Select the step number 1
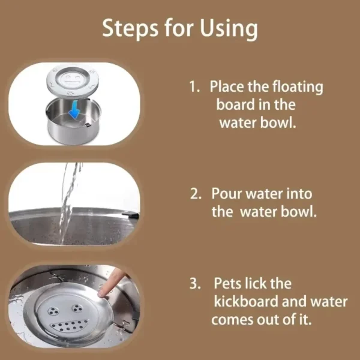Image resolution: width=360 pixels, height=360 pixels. point(193,87)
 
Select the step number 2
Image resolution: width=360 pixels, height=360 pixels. point(196,194)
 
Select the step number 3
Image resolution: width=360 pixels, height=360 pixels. point(195,284)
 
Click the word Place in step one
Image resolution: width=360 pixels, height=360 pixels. point(228,87)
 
